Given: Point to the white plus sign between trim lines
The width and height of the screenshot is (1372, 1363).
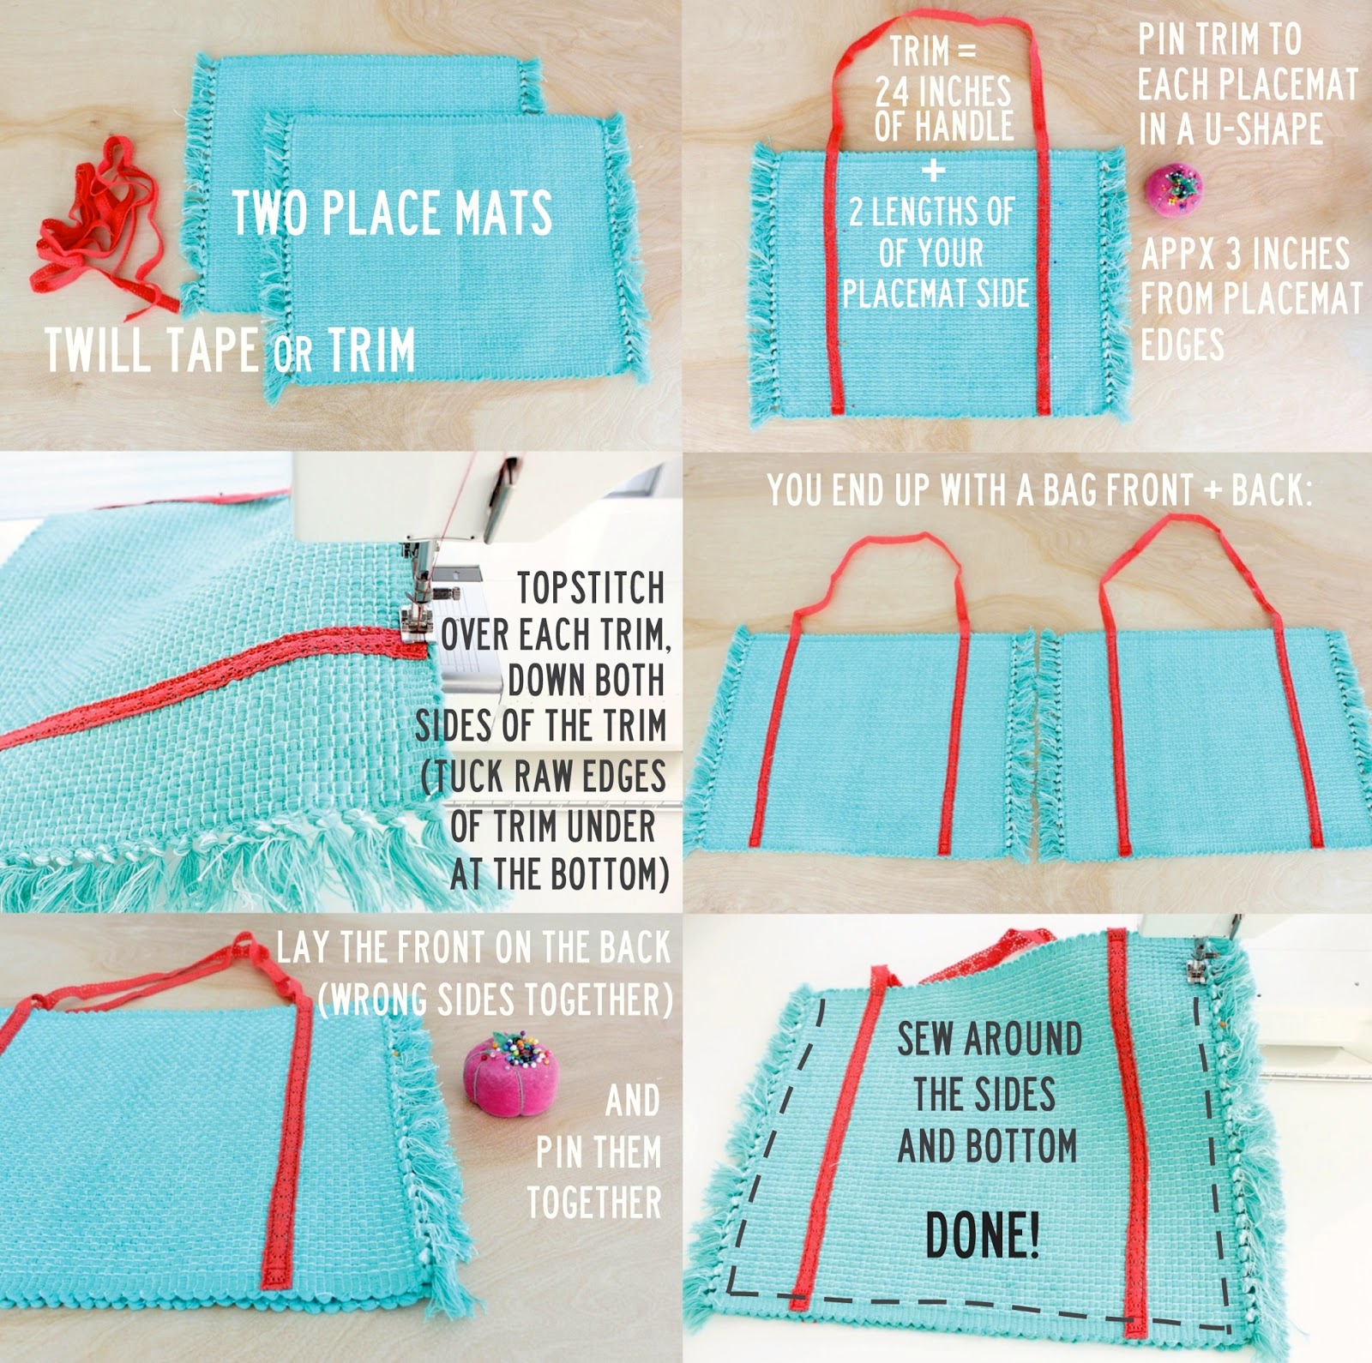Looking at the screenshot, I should pos(933,170).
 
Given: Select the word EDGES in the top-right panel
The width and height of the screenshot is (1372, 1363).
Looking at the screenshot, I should pos(1182,345).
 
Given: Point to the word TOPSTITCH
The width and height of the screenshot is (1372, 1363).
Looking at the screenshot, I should pos(590,588).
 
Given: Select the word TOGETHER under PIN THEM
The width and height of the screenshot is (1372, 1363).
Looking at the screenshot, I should pos(594,1202).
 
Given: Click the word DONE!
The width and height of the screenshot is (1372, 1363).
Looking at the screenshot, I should pos(983,1234).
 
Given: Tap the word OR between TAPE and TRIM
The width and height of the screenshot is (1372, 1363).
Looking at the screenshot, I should pos(293,354).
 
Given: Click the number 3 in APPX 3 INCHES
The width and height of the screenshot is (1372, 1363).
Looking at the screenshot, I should pos(1231,255).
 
